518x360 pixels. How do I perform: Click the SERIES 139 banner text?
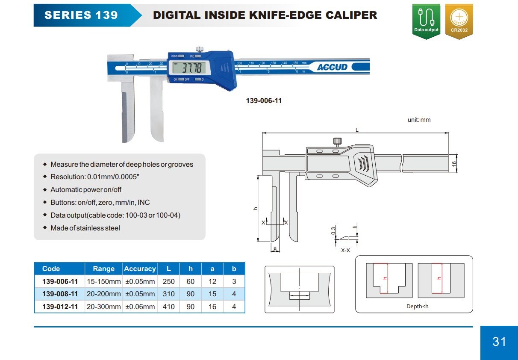81,15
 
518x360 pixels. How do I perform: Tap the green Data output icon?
426,21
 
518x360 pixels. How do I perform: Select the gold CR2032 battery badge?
459,21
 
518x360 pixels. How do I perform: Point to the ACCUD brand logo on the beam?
332,67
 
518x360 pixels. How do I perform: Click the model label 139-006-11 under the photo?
264,101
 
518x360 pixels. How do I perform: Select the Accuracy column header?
140,269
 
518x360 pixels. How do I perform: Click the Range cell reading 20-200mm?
103,294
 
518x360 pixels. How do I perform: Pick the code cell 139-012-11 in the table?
60,307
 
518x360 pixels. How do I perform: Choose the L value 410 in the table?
169,307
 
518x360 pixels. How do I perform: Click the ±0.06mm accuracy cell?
140,307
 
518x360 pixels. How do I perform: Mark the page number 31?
499,342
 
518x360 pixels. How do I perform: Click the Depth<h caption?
417,306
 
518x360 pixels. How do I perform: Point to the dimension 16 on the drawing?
454,163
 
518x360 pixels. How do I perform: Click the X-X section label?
345,250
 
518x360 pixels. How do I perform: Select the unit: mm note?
419,120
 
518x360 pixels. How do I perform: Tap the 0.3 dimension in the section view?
333,231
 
